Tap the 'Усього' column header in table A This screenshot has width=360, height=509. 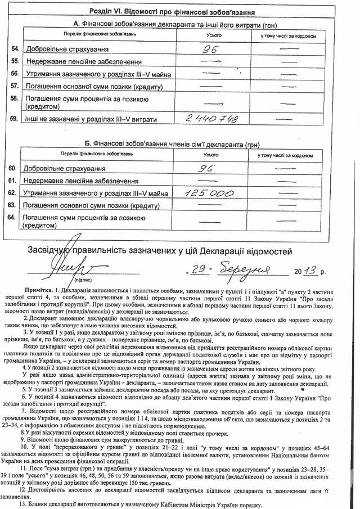pos(212,35)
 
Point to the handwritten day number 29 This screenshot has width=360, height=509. pos(197,271)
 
